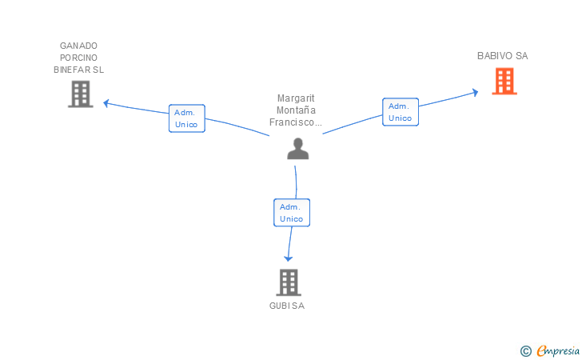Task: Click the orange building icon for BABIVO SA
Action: click(504, 81)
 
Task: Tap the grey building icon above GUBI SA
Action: click(289, 282)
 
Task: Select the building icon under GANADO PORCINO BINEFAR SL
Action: click(81, 94)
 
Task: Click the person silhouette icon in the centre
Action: click(298, 149)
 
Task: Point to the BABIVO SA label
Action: click(503, 56)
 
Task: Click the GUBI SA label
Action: click(287, 306)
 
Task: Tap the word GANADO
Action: click(78, 46)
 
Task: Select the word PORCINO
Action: click(78, 58)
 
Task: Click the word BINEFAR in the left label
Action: click(72, 70)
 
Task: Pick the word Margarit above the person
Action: click(296, 98)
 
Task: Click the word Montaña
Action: click(296, 110)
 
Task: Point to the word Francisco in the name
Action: click(292, 122)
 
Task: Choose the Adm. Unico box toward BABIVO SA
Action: click(401, 112)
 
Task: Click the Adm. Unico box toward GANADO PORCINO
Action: click(187, 118)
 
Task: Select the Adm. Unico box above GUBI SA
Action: click(292, 213)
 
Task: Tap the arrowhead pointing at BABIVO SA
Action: click(475, 93)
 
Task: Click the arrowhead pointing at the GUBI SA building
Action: click(288, 258)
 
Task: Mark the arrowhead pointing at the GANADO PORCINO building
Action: click(106, 103)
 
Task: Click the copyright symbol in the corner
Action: click(525, 351)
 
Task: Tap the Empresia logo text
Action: click(558, 350)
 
